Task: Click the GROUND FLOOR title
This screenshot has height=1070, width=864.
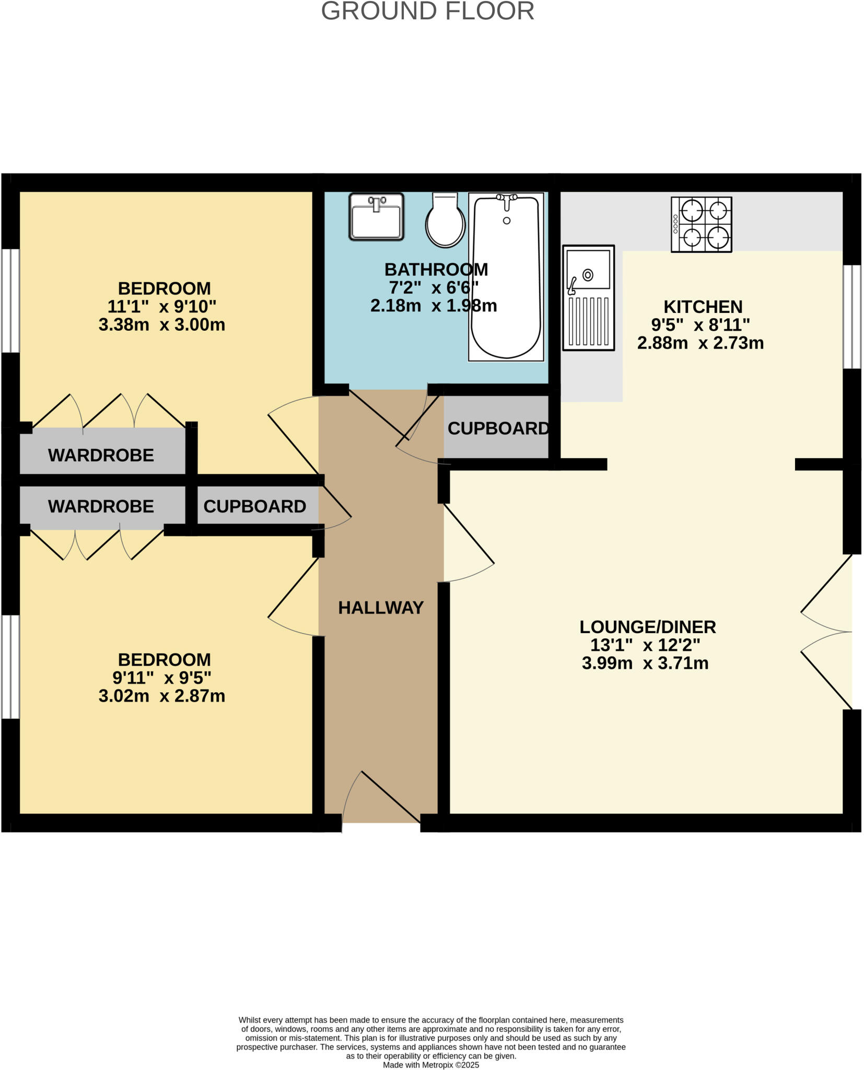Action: [427, 11]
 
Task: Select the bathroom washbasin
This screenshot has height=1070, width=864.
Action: [376, 217]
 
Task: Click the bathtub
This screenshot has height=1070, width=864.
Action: [506, 277]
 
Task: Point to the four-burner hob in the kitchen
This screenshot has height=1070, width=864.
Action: [701, 225]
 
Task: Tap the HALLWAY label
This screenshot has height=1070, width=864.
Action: [380, 608]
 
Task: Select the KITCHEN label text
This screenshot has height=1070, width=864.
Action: [703, 307]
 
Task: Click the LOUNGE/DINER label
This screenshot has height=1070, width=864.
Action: [647, 627]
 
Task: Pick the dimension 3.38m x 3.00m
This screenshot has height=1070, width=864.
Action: [161, 325]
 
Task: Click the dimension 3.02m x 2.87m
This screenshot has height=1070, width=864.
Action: [161, 696]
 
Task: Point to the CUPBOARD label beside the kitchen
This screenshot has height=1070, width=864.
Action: [498, 428]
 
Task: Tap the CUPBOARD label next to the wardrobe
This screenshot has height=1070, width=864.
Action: [254, 506]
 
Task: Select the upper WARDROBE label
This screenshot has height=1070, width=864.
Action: [101, 455]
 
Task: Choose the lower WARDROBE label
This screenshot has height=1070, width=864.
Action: [101, 506]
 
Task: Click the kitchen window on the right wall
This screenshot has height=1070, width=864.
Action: [852, 317]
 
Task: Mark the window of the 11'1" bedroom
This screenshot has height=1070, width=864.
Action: [10, 300]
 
